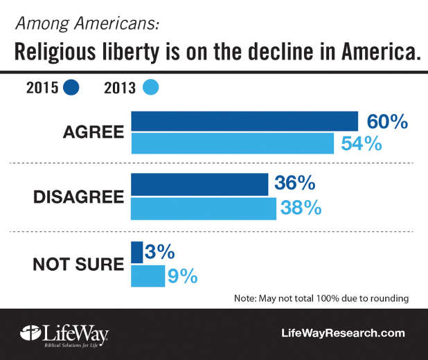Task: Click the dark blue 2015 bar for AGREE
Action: [244, 121]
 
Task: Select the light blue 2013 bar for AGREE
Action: [232, 143]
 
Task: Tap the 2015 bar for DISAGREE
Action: [199, 184]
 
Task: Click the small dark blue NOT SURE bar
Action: [136, 252]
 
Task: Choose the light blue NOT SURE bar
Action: [148, 276]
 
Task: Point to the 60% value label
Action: [386, 122]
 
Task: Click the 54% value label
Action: [360, 144]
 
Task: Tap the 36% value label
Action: [295, 184]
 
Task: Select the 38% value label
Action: [301, 208]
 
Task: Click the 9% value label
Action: [183, 276]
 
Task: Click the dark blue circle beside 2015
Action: [71, 88]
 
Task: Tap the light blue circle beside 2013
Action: [150, 88]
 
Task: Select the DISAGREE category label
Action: [78, 196]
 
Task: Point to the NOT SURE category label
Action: [78, 264]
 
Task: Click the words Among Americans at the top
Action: [87, 24]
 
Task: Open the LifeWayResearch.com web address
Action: [343, 333]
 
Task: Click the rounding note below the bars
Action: [321, 298]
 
